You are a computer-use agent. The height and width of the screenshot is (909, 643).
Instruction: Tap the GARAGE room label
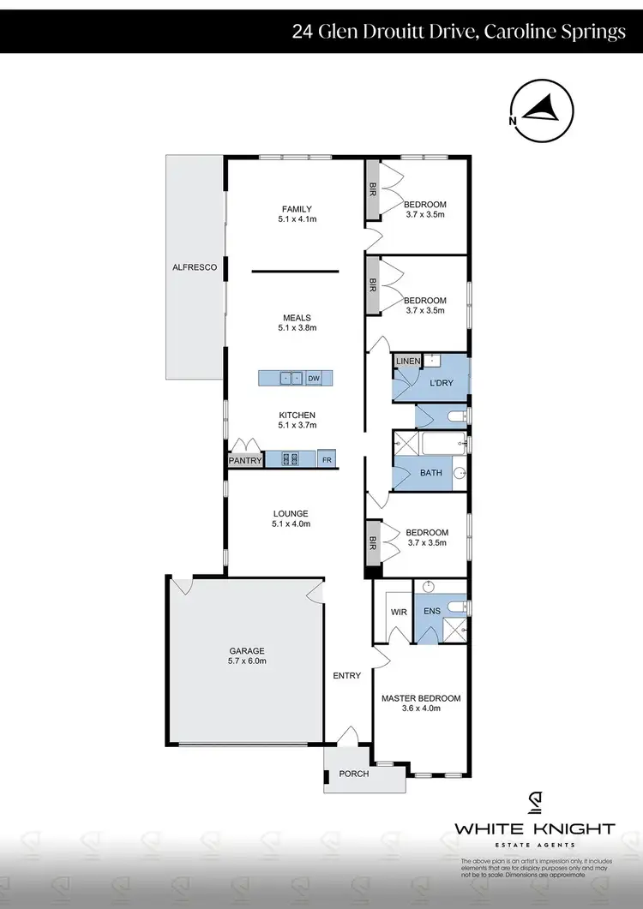246,650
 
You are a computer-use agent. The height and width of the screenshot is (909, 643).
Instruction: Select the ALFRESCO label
195,268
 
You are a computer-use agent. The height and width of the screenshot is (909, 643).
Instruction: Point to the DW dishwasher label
314,378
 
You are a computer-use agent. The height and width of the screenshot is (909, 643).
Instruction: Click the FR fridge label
327,460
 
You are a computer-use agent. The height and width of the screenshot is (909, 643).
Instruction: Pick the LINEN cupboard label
408,362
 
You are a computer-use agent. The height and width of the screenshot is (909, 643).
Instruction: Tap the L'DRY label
441,382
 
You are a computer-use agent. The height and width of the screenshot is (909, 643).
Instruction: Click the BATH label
430,472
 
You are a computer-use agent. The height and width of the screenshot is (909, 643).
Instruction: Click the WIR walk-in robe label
398,613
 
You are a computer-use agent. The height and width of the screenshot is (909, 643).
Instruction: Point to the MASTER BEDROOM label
421,698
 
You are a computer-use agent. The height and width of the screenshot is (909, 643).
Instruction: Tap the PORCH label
354,774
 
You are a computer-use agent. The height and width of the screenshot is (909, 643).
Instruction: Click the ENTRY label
346,676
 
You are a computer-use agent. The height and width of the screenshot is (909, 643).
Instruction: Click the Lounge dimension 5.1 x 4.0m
291,523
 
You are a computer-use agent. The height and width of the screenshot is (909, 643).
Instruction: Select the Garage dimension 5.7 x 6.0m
246,661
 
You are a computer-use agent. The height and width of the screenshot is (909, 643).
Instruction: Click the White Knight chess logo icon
534,802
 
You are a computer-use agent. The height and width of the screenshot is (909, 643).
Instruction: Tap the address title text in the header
459,33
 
